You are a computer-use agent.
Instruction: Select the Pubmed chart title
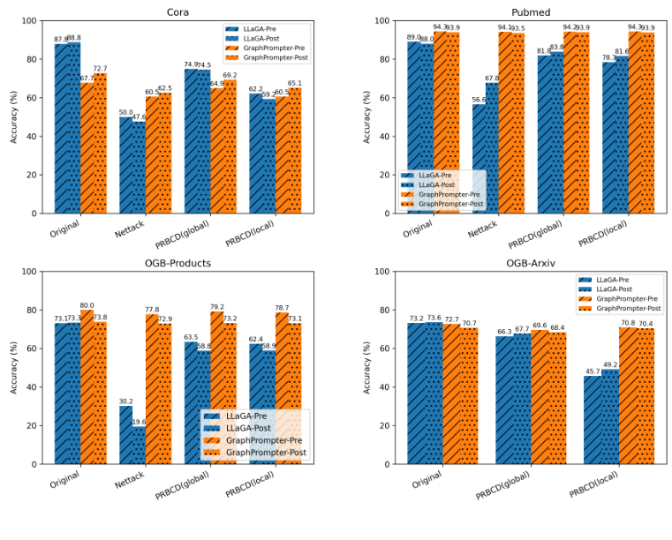(531, 12)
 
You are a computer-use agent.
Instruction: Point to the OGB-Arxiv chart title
(531, 263)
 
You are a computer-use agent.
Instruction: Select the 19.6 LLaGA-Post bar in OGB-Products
(139, 445)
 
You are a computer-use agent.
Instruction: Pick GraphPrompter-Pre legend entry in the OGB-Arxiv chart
(628, 298)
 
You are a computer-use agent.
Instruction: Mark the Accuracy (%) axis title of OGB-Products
(13, 367)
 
